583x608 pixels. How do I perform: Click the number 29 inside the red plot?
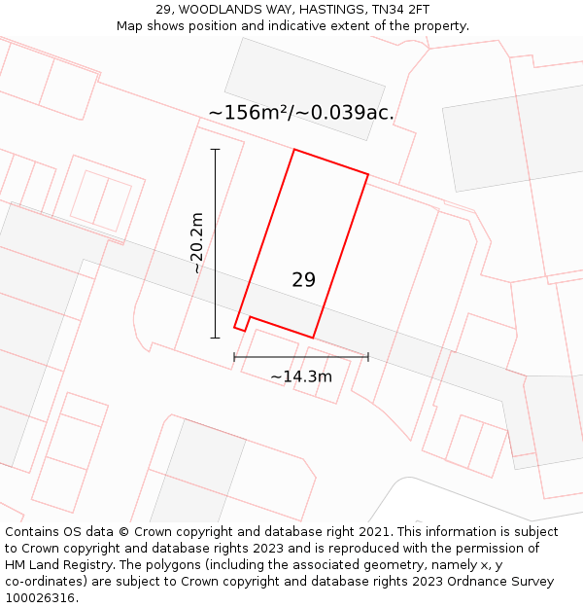click(x=303, y=280)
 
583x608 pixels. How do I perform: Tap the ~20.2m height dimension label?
click(x=196, y=242)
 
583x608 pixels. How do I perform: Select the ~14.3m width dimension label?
click(x=301, y=376)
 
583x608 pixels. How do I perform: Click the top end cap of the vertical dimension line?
click(x=216, y=150)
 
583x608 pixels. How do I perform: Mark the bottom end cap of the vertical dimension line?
click(x=216, y=338)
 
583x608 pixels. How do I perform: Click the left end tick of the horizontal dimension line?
click(x=234, y=357)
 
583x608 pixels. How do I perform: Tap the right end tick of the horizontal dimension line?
click(x=368, y=357)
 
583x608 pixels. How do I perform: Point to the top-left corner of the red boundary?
click(x=293, y=150)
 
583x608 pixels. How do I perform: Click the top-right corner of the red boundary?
click(x=368, y=175)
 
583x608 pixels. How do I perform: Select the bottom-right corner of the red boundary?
click(x=313, y=338)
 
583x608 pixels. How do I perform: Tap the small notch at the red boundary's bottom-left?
click(x=250, y=318)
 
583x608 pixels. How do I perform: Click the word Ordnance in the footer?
click(x=494, y=582)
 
